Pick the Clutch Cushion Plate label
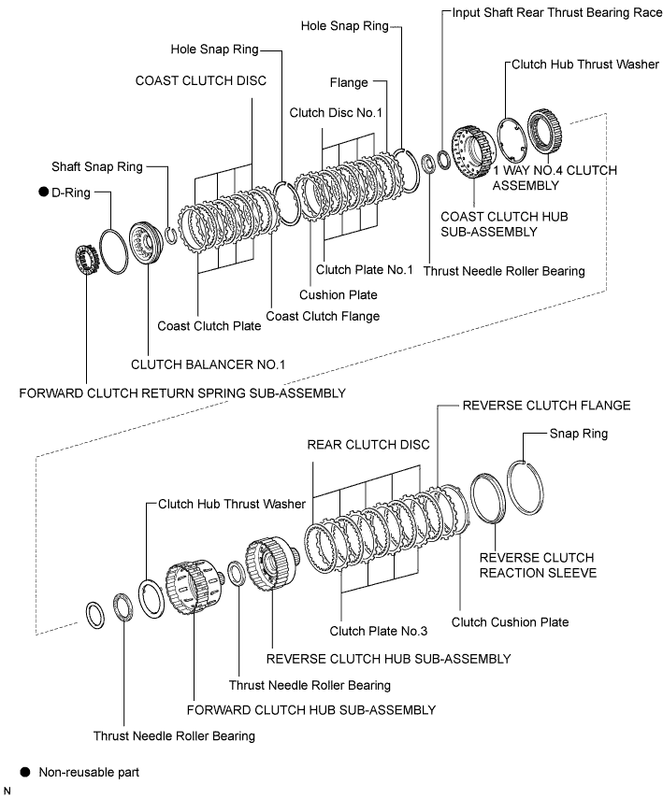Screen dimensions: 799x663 pos(510,621)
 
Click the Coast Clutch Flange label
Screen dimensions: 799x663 pos(323,316)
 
